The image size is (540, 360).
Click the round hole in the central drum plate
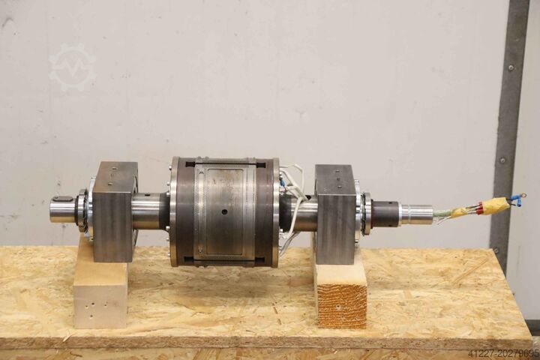[224, 211]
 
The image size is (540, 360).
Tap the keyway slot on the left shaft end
[63, 198]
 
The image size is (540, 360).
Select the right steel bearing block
[335, 215]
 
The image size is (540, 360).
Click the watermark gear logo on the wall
[73, 67]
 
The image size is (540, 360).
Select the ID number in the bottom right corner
[503, 354]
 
